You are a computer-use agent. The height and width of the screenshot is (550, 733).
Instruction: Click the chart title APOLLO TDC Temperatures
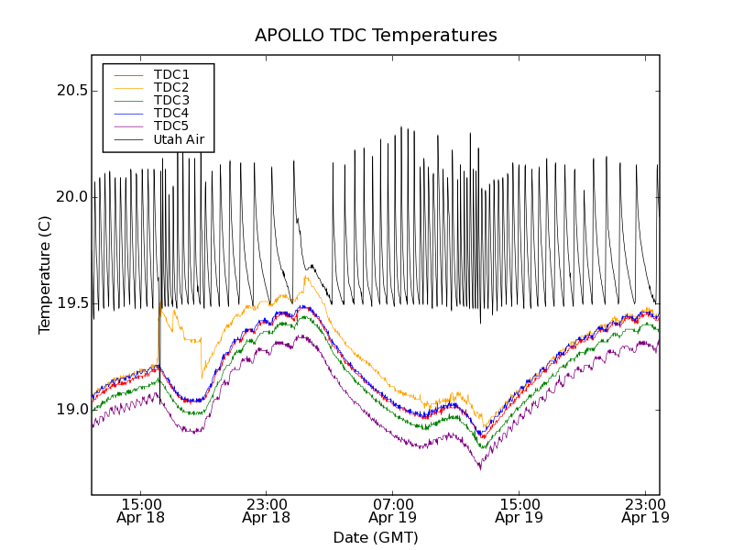click(x=376, y=36)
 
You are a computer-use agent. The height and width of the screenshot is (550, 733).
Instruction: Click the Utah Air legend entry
click(x=179, y=140)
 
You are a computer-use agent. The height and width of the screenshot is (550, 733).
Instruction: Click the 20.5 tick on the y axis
click(x=70, y=91)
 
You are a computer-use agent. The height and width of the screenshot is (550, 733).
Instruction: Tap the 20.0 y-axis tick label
click(x=70, y=197)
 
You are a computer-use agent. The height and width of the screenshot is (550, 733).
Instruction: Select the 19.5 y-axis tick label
click(x=70, y=303)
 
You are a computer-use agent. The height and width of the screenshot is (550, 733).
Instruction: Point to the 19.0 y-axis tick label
click(x=70, y=410)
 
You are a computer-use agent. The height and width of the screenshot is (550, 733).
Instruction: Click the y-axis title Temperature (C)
click(x=44, y=275)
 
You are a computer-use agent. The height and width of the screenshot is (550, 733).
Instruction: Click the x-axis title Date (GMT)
click(x=376, y=537)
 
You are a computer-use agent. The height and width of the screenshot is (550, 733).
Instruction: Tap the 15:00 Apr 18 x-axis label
click(x=140, y=510)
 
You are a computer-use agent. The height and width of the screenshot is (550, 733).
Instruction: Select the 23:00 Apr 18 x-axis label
click(x=267, y=510)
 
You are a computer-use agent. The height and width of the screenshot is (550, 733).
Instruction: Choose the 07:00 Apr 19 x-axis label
click(x=393, y=510)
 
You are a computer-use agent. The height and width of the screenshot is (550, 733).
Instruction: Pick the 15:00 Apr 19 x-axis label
click(x=520, y=510)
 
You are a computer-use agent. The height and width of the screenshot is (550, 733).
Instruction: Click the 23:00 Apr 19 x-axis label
click(x=645, y=510)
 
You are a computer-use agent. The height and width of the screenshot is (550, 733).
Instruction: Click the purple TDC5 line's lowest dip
click(x=480, y=468)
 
